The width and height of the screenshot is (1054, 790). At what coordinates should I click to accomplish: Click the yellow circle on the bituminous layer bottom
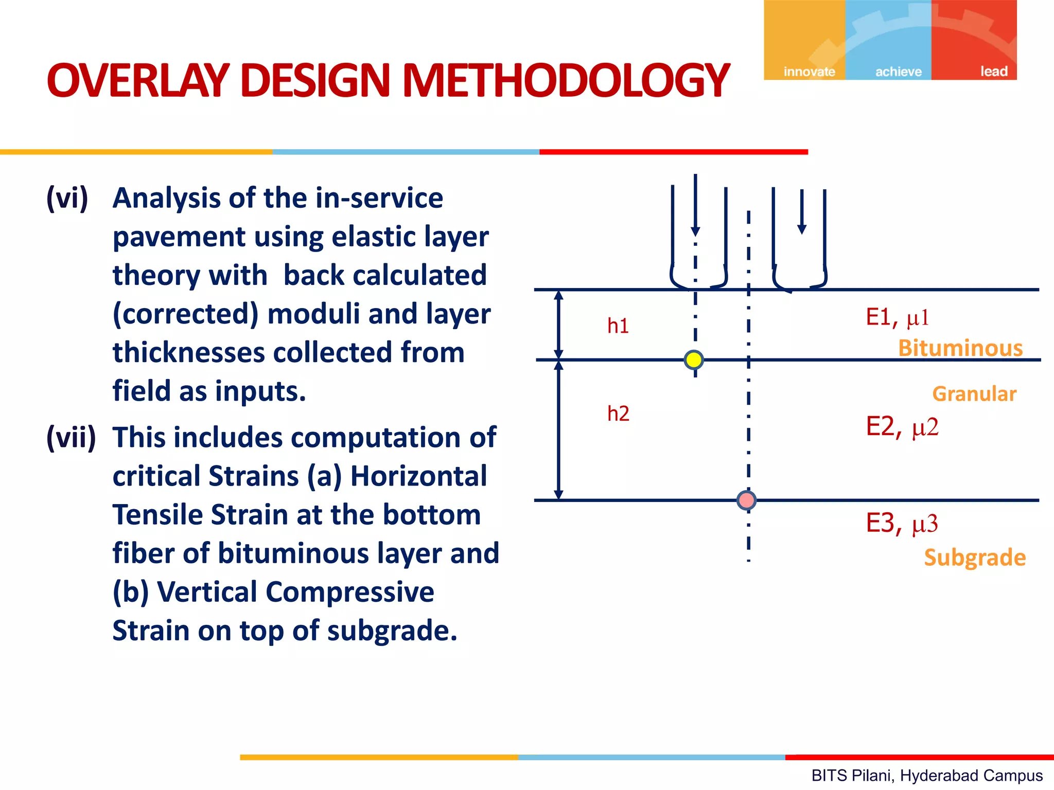[694, 360]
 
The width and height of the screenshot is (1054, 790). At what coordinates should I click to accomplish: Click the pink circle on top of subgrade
[746, 500]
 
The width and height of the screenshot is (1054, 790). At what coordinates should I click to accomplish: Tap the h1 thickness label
[618, 326]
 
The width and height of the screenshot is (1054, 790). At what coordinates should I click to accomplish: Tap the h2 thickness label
[618, 414]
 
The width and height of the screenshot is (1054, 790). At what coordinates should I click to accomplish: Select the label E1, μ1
[897, 317]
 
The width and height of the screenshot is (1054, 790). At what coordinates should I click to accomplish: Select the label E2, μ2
[902, 427]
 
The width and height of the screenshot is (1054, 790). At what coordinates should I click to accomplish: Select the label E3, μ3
[902, 524]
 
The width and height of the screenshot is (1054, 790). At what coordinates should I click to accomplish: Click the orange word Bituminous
[960, 348]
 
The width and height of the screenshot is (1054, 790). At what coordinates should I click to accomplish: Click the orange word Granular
[974, 394]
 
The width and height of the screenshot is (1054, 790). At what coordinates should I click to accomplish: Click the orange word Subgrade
[975, 558]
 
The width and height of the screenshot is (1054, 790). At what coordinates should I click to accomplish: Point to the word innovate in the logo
[809, 71]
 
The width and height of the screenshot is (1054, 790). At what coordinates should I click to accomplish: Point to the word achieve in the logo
[899, 71]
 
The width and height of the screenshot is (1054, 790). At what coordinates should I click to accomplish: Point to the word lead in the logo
[993, 71]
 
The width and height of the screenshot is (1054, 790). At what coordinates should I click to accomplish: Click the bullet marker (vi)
[67, 198]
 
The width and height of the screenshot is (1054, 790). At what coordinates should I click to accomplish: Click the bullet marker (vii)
[71, 438]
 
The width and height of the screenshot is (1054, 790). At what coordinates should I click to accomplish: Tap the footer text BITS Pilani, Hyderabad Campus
[927, 775]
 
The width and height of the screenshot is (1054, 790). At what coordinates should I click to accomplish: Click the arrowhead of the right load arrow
[802, 229]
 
